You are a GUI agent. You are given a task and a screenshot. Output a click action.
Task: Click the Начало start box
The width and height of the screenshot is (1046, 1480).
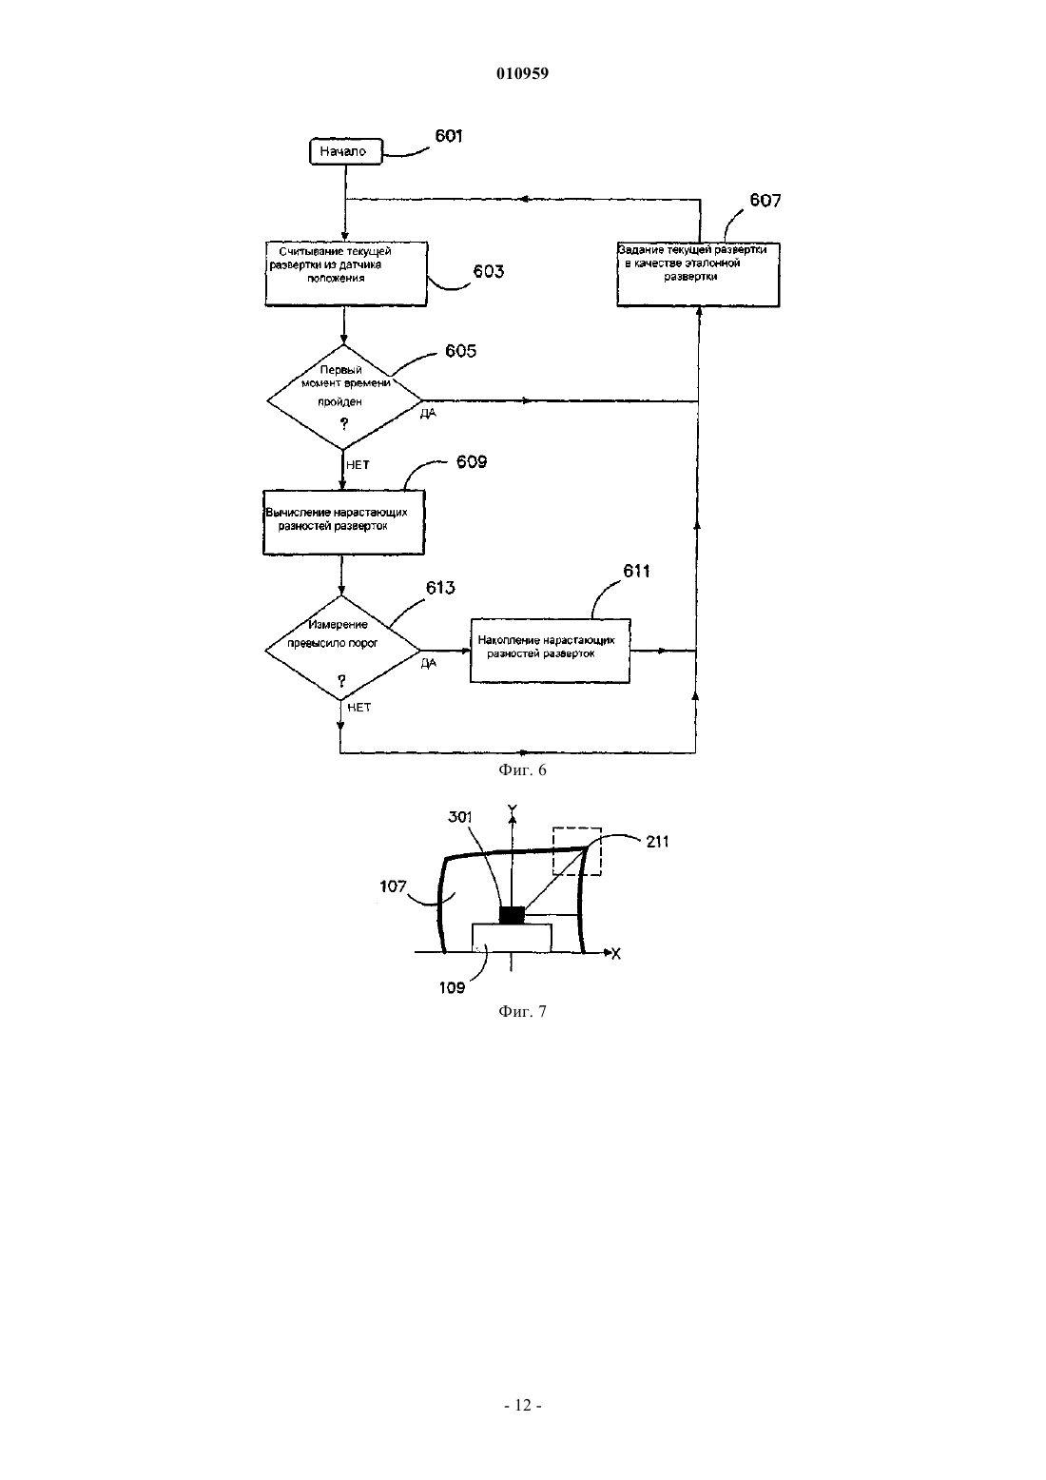click(345, 151)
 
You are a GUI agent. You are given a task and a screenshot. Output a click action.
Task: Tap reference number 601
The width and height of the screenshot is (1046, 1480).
click(449, 135)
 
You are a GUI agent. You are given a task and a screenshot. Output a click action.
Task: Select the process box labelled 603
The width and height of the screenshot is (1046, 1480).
click(346, 274)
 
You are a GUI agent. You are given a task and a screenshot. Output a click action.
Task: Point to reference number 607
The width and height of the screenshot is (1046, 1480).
click(765, 200)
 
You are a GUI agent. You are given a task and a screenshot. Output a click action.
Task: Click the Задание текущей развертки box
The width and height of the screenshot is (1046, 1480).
click(698, 275)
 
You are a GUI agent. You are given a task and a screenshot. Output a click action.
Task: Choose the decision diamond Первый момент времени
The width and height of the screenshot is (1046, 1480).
click(344, 397)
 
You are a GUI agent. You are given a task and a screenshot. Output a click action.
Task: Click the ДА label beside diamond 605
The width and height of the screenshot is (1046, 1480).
click(428, 413)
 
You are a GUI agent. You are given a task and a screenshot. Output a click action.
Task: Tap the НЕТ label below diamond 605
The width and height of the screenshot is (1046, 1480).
click(358, 465)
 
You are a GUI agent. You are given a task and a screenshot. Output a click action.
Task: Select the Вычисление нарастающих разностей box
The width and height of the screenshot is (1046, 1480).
click(343, 522)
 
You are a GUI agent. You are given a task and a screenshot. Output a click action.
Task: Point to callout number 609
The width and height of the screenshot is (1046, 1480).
click(472, 462)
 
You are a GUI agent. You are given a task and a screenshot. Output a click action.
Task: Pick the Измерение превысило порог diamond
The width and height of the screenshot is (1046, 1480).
click(342, 648)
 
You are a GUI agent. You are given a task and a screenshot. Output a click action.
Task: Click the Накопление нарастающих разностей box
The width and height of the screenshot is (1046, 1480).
click(550, 651)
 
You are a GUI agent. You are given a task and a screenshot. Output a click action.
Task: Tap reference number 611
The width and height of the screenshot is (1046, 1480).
click(636, 571)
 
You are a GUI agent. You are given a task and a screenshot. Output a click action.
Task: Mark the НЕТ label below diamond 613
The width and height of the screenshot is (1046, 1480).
click(358, 708)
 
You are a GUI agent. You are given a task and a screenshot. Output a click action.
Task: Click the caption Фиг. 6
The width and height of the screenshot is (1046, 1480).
click(522, 769)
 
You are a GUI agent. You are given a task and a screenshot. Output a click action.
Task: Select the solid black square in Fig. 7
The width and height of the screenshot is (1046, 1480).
click(512, 915)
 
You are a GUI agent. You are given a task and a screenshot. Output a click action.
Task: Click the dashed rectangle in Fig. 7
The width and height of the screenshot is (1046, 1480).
click(577, 851)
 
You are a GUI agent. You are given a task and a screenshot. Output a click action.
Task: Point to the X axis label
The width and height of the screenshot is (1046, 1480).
click(615, 954)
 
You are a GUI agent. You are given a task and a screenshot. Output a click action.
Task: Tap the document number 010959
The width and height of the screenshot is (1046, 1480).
click(522, 73)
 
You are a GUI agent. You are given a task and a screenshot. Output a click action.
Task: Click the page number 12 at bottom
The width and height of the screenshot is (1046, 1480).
click(523, 1406)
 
